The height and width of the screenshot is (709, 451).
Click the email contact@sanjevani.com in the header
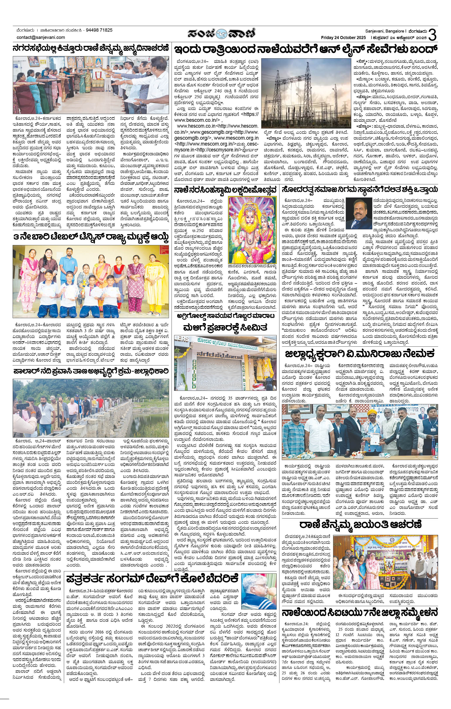click(41, 37)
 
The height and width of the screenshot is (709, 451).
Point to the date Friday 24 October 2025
click(344, 37)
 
